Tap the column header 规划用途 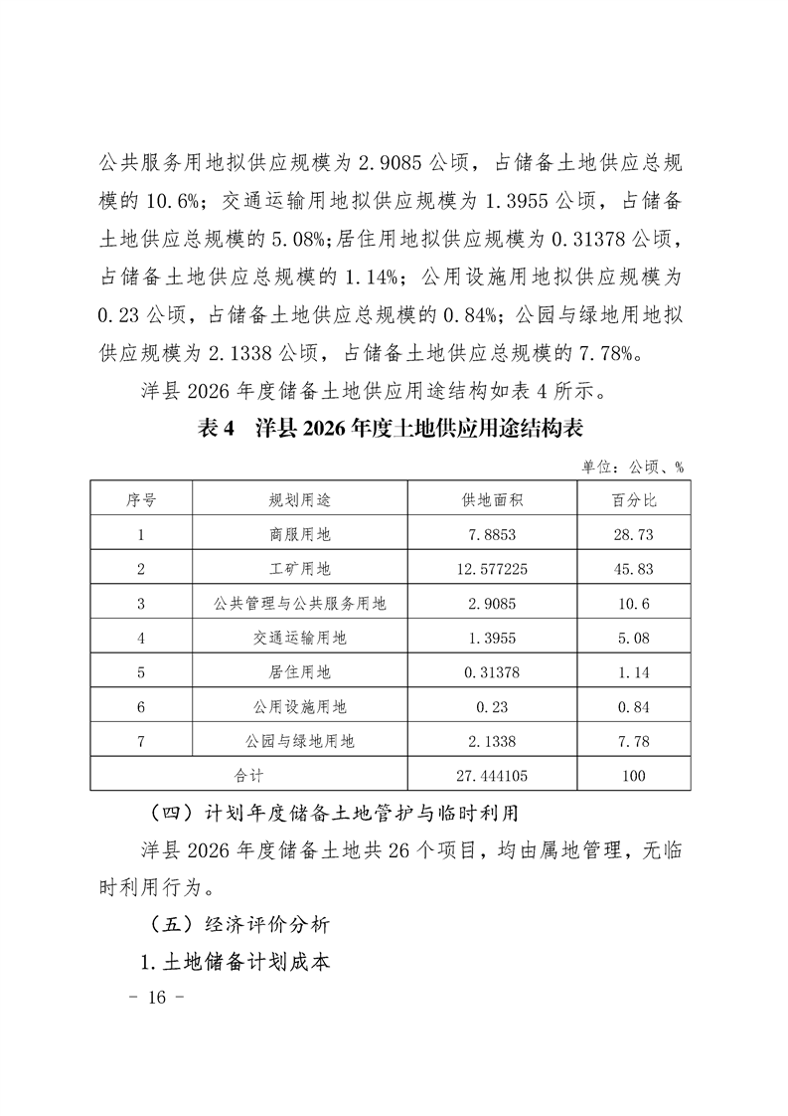pos(299,499)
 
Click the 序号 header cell pos(141,499)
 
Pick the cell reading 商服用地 pos(299,534)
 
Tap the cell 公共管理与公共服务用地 pos(299,603)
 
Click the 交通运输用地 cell pos(299,638)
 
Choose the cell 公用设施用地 pos(299,706)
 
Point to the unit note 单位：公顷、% pos(632,465)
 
